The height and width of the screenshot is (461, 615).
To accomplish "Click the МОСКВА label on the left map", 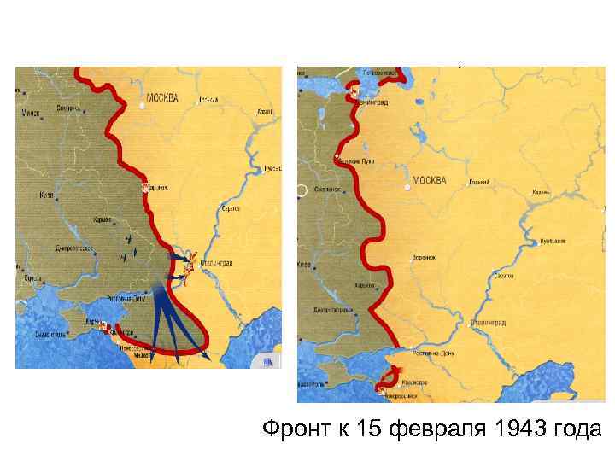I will point(163,97).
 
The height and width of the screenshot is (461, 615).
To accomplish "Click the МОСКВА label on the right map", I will point(429,181).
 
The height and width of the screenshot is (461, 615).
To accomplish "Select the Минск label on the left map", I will point(32,113).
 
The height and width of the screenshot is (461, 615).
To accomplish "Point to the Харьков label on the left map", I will point(102,220).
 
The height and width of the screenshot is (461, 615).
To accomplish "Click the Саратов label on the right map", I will point(504,277).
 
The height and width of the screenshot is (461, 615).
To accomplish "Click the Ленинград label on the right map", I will point(374,102).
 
